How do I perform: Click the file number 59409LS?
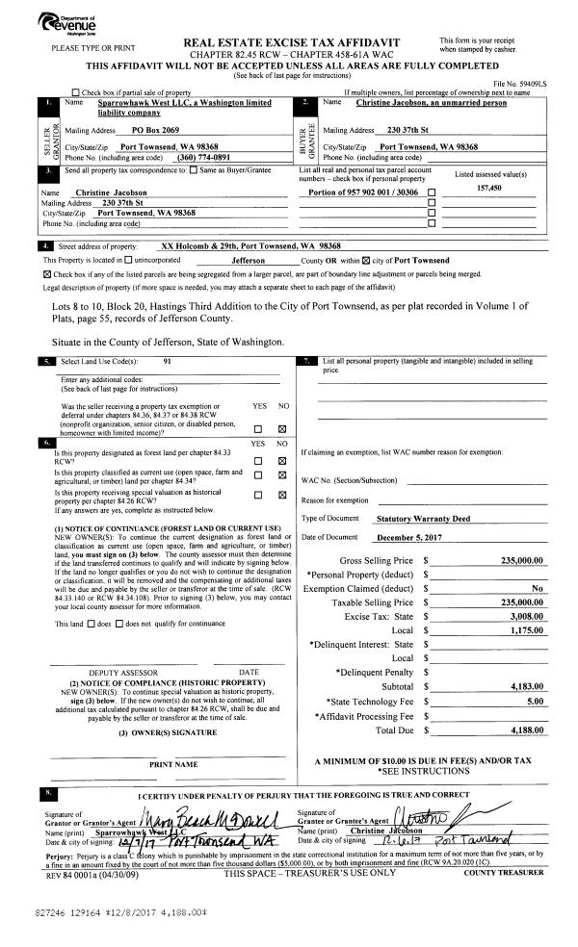(x=525, y=85)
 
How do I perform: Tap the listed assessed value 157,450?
(x=490, y=189)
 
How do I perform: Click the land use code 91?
(x=168, y=361)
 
